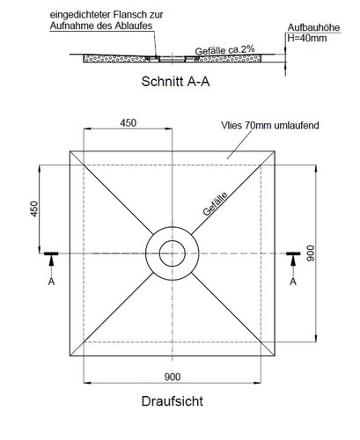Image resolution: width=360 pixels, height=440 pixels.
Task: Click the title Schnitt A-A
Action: tap(175, 82)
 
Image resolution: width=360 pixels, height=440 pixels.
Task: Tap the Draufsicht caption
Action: tap(173, 401)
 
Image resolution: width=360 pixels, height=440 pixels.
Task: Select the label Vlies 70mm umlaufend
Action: tap(270, 125)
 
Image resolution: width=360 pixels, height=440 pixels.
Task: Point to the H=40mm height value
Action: tap(306, 38)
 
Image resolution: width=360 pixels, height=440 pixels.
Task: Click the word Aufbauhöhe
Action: tap(313, 27)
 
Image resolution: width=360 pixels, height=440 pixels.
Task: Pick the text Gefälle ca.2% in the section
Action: tap(224, 50)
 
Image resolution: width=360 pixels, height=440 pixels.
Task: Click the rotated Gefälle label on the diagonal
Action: tap(215, 204)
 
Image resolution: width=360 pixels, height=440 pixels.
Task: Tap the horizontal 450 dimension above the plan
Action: tap(129, 123)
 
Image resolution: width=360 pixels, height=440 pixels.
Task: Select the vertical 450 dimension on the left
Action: tap(34, 209)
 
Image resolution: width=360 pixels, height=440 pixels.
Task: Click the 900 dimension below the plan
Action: tap(173, 377)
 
